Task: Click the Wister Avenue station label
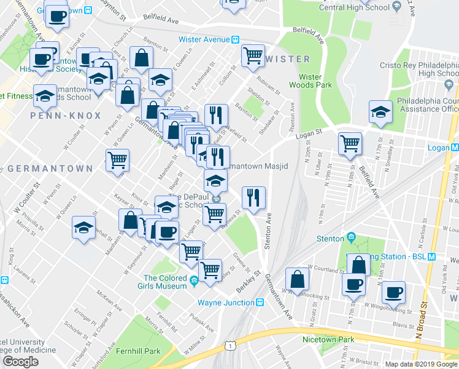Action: point(204,39)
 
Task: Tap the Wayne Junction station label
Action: point(226,303)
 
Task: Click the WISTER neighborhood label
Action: point(288,59)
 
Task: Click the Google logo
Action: point(20,361)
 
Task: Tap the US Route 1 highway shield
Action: point(229,347)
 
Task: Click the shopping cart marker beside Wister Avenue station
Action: point(253,55)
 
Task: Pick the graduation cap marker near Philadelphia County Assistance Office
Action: point(380,111)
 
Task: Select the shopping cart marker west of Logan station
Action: point(349,143)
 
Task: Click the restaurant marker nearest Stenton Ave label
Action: point(253,197)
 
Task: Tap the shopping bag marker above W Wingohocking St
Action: point(298,278)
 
